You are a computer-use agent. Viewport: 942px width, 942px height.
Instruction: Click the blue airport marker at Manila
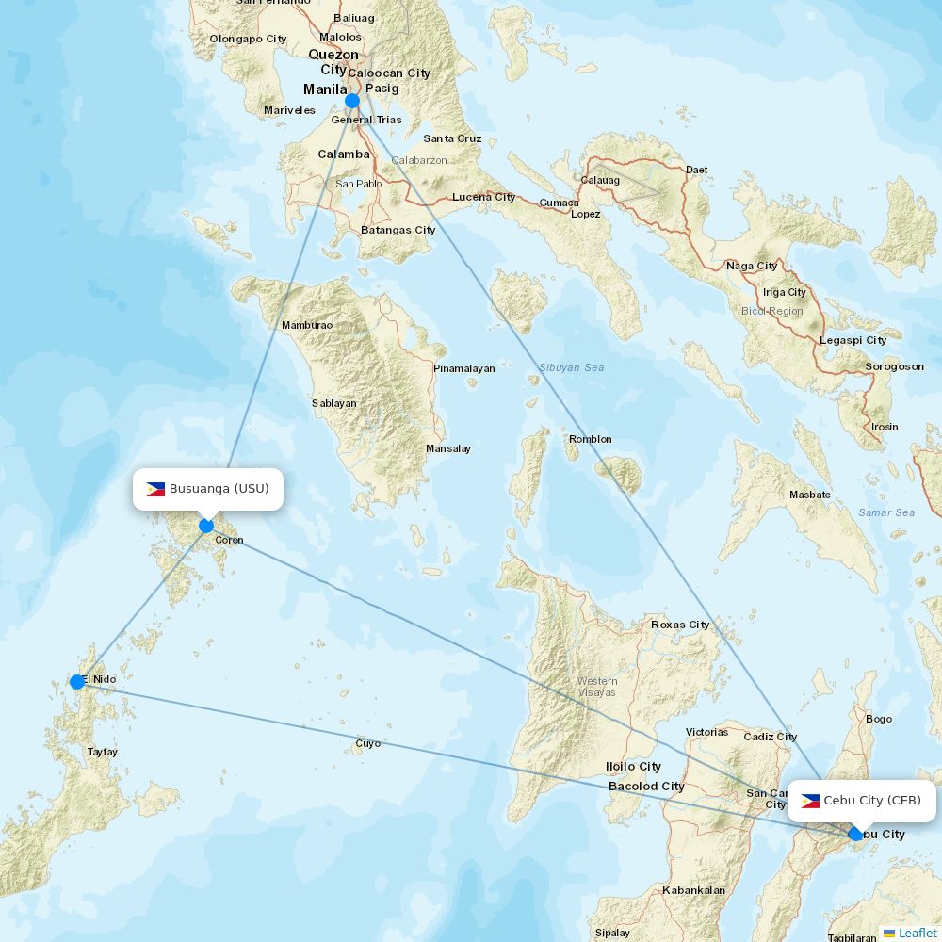(x=352, y=101)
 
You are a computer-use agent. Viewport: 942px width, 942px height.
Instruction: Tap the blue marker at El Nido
(x=77, y=681)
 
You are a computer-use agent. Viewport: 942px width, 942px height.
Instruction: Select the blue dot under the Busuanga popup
(x=206, y=526)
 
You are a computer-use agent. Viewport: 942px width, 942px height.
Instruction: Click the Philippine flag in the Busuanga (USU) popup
(x=155, y=489)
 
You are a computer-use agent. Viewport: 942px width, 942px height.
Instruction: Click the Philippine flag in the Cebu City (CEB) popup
(x=810, y=801)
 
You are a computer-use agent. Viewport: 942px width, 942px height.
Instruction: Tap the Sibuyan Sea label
(x=572, y=367)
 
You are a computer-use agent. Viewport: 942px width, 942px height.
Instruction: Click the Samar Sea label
(x=886, y=512)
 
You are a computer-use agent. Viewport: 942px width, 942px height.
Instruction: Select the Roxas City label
(x=680, y=625)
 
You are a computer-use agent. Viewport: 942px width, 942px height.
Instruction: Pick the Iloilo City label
(x=633, y=767)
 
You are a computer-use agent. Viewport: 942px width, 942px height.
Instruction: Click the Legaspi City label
(x=853, y=340)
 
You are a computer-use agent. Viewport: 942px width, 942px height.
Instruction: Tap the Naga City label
(x=752, y=266)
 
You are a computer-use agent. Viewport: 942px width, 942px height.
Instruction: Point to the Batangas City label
(x=398, y=230)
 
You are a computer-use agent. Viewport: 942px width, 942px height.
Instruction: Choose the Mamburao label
(x=307, y=325)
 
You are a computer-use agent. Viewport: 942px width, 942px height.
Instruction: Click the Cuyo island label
(x=368, y=743)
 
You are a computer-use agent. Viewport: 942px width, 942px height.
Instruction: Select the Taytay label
(x=103, y=752)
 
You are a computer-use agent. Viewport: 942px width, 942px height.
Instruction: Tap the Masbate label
(x=810, y=495)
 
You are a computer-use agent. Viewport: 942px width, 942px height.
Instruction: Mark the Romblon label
(x=591, y=439)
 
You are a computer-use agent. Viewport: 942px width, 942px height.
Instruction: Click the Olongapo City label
(x=248, y=39)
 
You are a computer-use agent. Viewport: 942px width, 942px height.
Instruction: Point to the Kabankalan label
(x=693, y=890)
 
